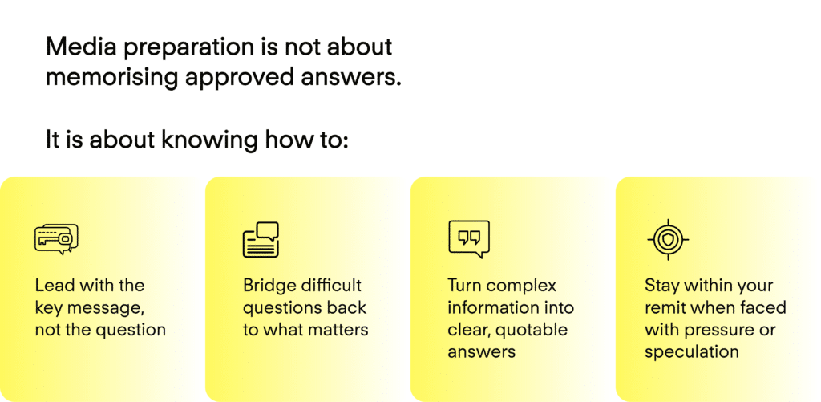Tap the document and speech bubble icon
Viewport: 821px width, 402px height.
tap(261, 240)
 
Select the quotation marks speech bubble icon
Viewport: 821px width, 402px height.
tap(469, 239)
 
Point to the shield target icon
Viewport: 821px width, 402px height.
tap(668, 240)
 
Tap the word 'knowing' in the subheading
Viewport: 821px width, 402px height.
tap(209, 140)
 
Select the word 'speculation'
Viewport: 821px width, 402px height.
tap(692, 352)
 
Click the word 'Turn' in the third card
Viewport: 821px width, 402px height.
tap(464, 286)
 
